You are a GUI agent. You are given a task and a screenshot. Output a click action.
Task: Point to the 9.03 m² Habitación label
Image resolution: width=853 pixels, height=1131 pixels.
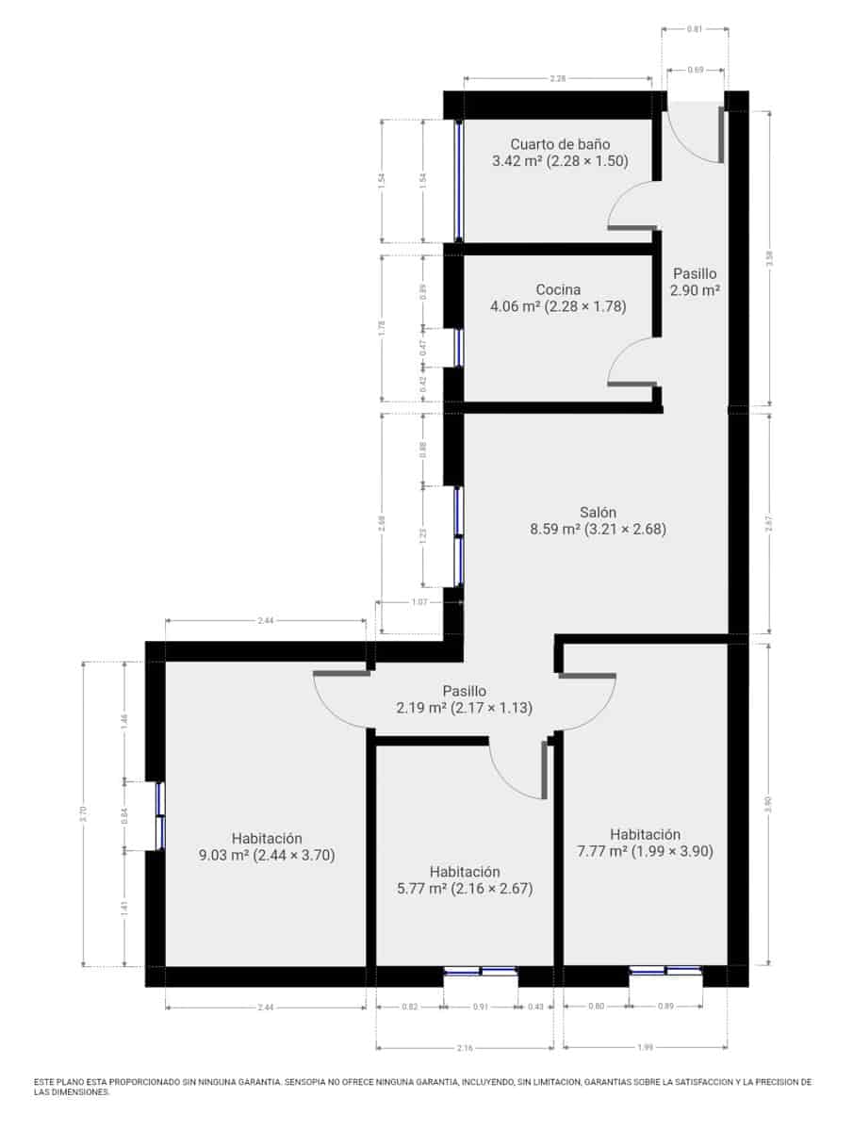coord(267,846)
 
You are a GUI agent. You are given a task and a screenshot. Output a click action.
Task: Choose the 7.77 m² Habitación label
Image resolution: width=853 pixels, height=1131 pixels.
coord(645,843)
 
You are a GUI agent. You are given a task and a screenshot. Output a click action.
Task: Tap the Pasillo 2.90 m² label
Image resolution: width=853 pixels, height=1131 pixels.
coord(695,282)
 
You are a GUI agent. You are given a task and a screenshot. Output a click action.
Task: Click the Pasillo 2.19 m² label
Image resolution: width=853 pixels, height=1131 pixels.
coord(465,699)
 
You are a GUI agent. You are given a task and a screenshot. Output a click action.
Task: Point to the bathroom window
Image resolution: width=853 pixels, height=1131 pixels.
coord(458,181)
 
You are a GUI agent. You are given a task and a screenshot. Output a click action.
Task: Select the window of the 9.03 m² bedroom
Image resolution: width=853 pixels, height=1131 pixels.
coord(159,815)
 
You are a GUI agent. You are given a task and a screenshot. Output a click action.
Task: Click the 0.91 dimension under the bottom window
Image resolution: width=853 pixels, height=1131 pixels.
coord(480,1007)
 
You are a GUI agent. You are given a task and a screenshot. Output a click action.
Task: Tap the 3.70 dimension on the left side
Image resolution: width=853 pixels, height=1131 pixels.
coord(84,813)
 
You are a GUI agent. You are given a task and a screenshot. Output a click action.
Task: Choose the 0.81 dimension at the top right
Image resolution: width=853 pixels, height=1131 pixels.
coord(695,29)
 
